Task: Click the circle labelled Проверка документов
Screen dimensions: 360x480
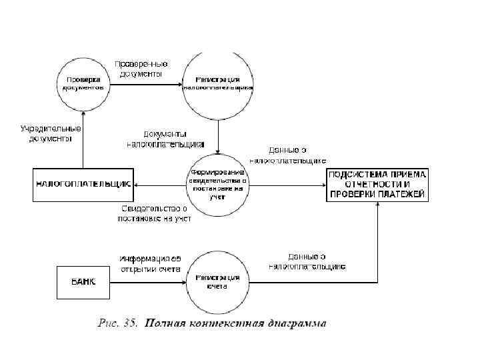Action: tap(83, 83)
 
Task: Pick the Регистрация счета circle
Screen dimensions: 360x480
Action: tap(218, 282)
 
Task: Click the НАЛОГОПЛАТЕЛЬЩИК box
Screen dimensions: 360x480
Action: tap(83, 185)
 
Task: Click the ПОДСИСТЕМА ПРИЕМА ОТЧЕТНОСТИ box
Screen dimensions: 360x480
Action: tap(377, 185)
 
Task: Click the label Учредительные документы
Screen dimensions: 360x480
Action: tap(51, 133)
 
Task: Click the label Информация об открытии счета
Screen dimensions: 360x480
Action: tap(150, 263)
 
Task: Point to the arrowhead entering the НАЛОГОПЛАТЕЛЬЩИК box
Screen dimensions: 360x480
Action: tap(136, 185)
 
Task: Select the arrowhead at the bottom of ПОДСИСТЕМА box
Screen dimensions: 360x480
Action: tap(377, 205)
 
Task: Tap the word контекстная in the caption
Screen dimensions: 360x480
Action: tap(219, 325)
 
